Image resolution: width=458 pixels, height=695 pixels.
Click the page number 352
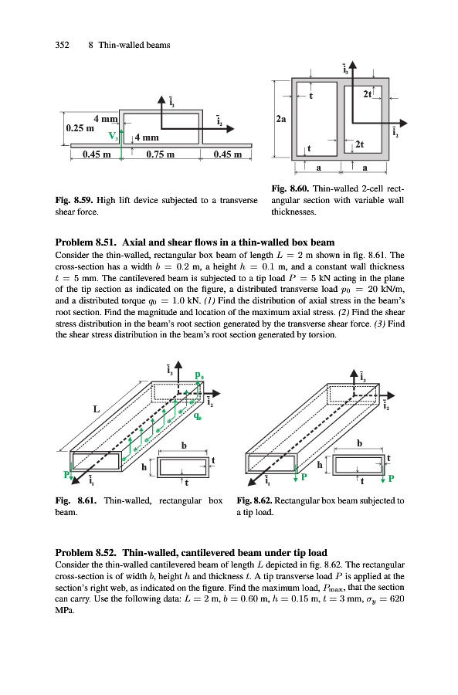pos(62,45)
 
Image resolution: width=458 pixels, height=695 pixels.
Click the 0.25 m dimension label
pos(80,128)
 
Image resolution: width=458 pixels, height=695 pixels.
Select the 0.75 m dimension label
pos(160,154)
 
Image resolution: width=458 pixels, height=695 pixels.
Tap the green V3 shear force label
pos(114,136)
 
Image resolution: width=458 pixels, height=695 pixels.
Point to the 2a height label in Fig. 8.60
pos(281,119)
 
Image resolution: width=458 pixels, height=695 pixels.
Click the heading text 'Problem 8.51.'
pos(86,242)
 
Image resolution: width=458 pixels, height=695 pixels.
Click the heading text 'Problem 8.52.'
pos(86,553)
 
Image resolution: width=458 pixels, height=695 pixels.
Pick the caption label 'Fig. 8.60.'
pos(290,189)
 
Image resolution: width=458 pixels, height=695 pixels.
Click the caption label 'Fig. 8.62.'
pos(254,501)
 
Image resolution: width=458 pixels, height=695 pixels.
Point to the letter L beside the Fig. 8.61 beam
pos(97,409)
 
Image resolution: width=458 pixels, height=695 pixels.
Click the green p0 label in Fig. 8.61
pos(199,375)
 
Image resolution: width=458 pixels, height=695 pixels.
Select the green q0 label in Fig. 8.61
pos(197,416)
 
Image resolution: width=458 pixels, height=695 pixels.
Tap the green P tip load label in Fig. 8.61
pos(66,474)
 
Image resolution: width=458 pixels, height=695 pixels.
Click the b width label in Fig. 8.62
pos(359,442)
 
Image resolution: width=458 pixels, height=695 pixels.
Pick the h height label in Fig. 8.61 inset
pos(144,467)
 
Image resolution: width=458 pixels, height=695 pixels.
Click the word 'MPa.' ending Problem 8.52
pos(65,610)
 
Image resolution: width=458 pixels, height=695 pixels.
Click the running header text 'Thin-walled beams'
pos(134,45)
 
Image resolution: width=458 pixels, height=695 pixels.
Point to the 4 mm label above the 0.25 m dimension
pos(106,119)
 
